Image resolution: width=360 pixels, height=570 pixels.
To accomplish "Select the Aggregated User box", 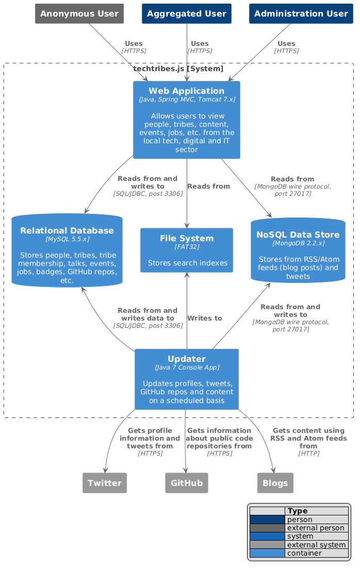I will (187, 13).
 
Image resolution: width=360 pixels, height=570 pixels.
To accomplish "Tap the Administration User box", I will (301, 13).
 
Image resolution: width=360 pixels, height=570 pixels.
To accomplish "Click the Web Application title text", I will (186, 91).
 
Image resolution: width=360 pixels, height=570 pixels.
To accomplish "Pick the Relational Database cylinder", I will (67, 250).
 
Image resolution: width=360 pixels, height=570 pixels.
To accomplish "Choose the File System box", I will (187, 250).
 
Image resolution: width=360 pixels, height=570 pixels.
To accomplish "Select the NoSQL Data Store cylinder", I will (298, 250).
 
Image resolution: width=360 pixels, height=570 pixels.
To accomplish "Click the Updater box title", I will (187, 359).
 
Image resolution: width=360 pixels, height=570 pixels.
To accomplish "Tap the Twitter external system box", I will (105, 483).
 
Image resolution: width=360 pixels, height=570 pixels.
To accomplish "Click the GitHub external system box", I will (187, 483).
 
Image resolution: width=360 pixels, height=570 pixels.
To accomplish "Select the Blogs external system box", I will (275, 483).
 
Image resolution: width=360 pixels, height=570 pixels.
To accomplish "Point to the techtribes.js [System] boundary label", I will (178, 69).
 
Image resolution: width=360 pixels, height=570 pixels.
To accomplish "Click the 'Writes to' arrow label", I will (205, 318).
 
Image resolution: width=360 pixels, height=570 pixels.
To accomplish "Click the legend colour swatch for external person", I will (267, 528).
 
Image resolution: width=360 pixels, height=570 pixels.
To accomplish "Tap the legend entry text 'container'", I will (304, 553).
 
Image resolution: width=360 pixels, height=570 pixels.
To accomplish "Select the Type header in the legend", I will (298, 511).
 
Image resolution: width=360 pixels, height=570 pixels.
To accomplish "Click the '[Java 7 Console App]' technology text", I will (187, 367).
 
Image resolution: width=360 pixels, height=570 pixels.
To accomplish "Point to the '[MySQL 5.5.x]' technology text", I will (67, 239).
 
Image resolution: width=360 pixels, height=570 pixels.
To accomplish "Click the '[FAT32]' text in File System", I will (187, 247).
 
